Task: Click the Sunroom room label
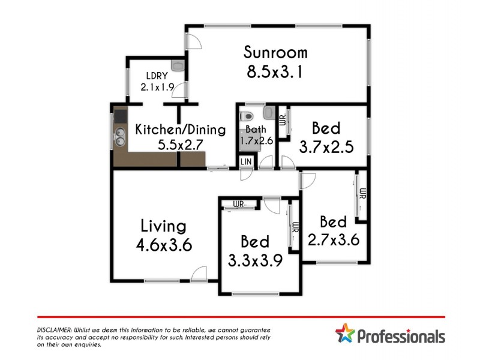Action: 276,52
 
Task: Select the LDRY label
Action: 155,76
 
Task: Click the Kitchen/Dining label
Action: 180,130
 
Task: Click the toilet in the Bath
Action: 246,116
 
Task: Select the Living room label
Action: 163,226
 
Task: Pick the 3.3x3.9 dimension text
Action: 255,260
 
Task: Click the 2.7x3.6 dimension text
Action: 334,240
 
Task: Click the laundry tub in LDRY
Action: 178,65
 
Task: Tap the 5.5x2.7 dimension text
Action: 181,145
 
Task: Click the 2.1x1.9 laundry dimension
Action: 156,87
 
